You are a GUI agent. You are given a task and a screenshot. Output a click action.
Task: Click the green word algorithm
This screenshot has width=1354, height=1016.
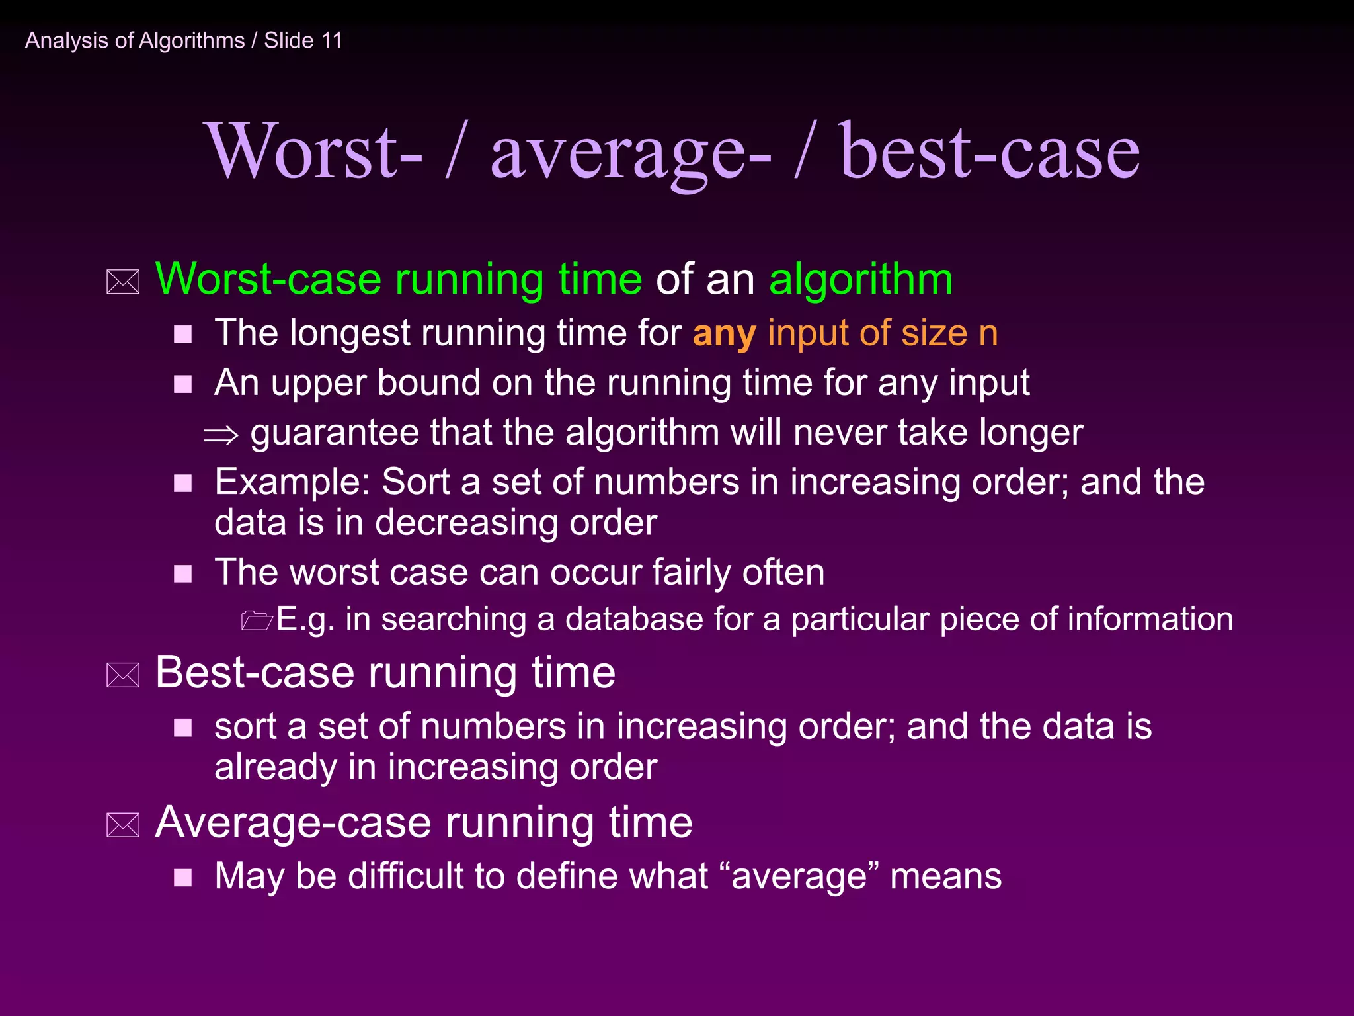pos(861,279)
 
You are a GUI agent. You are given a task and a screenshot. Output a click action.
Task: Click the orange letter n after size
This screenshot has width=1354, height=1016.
pos(988,334)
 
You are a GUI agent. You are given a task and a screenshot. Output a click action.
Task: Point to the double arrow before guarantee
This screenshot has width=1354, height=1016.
pos(221,435)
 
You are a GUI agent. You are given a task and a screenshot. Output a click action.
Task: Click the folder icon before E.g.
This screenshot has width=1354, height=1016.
pos(257,620)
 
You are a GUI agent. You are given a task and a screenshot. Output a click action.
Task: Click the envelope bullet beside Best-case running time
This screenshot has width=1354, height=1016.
pos(123,675)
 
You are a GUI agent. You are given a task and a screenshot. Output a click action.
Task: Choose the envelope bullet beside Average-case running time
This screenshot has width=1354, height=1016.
pos(123,825)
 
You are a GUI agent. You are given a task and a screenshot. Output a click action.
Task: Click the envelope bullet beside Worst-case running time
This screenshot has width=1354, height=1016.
pos(123,282)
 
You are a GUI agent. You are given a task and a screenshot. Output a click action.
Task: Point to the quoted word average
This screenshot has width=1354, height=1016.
pos(799,877)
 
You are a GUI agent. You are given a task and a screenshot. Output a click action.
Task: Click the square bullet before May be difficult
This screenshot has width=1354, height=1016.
pos(182,878)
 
